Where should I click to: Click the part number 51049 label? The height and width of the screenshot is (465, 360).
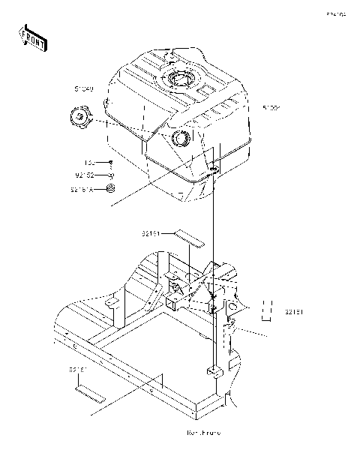[83, 89]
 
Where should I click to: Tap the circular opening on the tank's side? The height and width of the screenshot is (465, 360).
[182, 139]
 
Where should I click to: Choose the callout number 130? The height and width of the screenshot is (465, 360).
[90, 163]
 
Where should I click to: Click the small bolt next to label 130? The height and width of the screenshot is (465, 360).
[110, 163]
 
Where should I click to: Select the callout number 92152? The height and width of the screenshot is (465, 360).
[85, 175]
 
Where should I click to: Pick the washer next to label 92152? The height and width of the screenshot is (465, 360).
[110, 175]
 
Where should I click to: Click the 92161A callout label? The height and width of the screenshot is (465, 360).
[83, 190]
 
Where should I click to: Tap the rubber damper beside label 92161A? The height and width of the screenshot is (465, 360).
[110, 190]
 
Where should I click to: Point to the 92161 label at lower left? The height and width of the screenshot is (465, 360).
[78, 370]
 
